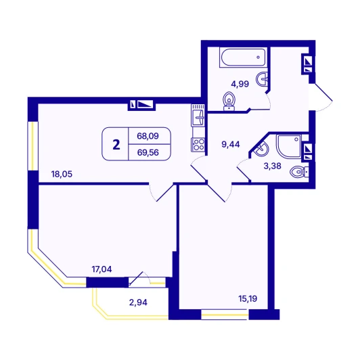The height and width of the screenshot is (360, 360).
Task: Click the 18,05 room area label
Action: [x=62, y=175]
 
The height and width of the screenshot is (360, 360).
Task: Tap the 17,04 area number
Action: [x=102, y=269]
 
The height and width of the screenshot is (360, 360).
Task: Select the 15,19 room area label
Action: [x=248, y=298]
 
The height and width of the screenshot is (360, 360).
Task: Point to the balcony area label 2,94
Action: [x=138, y=302]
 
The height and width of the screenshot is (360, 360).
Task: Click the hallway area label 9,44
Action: [x=231, y=144]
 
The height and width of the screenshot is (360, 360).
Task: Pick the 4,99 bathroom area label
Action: [x=240, y=84]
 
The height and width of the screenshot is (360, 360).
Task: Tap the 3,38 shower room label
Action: [x=272, y=166]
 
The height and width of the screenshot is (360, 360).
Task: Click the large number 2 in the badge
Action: [x=116, y=145]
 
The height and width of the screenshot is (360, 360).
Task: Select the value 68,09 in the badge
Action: [x=148, y=136]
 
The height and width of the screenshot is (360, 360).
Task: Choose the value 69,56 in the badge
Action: [x=148, y=152]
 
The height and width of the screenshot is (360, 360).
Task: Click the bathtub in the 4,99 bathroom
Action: [x=244, y=58]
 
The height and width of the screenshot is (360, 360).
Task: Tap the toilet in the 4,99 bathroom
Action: [x=229, y=102]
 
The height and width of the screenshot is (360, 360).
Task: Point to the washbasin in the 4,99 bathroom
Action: [x=262, y=79]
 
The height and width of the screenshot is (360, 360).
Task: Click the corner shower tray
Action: [x=289, y=146]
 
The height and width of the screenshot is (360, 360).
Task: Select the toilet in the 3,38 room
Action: [x=299, y=172]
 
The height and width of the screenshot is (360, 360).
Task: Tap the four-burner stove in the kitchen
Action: [x=198, y=145]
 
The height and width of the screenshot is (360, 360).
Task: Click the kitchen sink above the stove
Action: [x=198, y=115]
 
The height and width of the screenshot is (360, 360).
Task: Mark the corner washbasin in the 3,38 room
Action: [x=261, y=149]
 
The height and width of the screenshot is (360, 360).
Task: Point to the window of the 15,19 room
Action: [x=225, y=315]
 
